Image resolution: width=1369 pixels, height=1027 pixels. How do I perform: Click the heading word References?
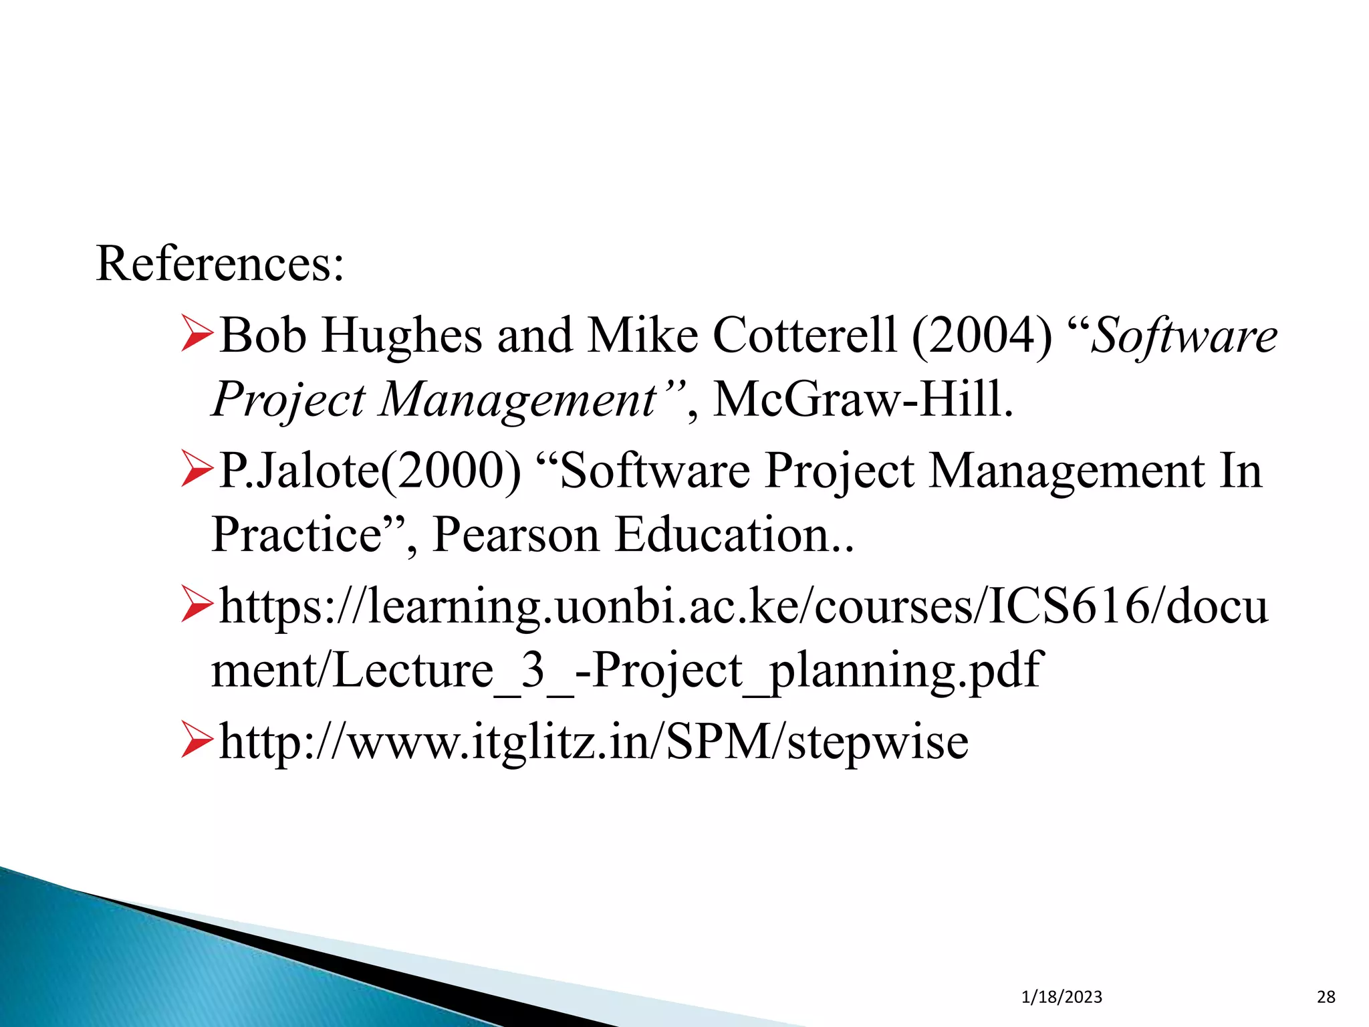coord(219,264)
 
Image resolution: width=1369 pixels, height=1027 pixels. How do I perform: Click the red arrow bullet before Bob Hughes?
coord(197,335)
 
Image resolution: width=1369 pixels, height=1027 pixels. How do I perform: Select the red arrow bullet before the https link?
coord(197,606)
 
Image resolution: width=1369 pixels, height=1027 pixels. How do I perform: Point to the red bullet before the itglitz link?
coord(197,741)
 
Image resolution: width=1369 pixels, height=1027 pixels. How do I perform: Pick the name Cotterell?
coord(805,335)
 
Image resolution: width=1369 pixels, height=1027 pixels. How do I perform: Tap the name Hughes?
coord(402,335)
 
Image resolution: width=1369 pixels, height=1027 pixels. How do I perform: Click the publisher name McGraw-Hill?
coord(863,400)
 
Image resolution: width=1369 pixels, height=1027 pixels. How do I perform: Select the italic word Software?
coord(1184,335)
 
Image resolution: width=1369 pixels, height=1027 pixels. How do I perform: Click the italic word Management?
coord(519,400)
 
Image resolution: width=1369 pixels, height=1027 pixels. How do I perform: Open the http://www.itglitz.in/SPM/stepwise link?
coord(594,741)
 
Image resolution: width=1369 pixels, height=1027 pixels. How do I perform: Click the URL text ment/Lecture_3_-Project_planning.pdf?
coord(626,671)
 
